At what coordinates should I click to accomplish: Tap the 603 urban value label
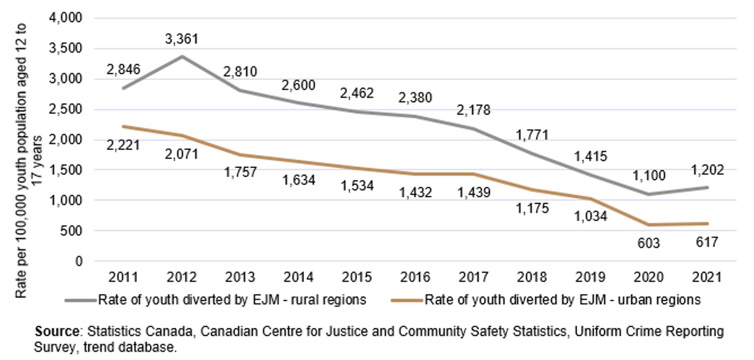coord(649,243)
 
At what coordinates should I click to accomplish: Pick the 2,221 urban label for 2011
coord(123,146)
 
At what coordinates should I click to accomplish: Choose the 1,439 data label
coord(474,192)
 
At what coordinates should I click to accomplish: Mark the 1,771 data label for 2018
coord(532,135)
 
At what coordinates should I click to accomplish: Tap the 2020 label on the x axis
coord(649,277)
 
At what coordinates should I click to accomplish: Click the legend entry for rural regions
coord(216,300)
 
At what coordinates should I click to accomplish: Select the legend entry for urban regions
coord(546,300)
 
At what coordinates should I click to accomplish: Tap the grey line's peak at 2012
coord(181,56)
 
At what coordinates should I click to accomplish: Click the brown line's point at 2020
coord(649,225)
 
